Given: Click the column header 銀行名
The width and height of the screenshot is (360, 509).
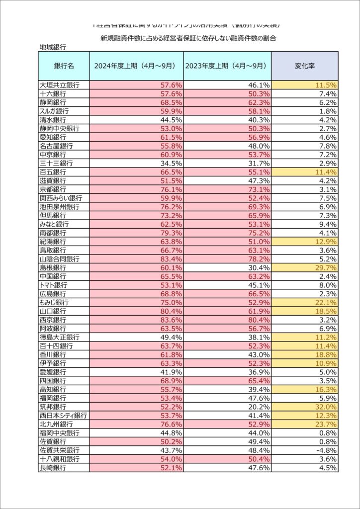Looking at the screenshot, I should [x=64, y=66].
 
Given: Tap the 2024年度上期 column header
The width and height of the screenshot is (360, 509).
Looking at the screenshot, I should [x=136, y=66].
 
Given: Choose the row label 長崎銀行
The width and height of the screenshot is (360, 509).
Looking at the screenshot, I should [x=53, y=468].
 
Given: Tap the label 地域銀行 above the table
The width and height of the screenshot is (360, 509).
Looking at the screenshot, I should [x=53, y=48].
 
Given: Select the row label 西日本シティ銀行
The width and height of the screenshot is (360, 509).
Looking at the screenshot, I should [x=63, y=415].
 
